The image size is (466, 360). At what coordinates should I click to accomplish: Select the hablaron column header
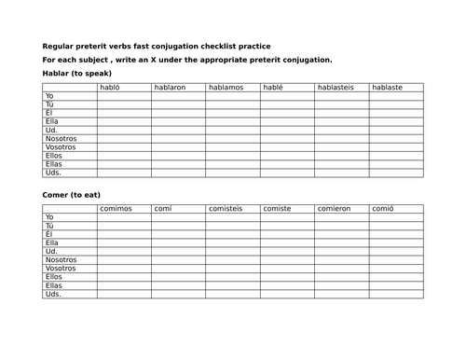(170, 88)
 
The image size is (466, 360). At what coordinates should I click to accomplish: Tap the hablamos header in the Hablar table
(226, 88)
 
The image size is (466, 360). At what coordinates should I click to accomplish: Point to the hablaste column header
(388, 88)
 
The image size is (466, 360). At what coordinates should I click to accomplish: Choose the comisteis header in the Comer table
(226, 209)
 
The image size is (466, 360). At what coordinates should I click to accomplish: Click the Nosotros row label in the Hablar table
(61, 139)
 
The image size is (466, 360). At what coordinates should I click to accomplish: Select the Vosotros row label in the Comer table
(61, 269)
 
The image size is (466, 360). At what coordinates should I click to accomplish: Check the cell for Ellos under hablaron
(178, 156)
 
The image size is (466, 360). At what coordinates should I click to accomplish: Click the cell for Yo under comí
(178, 217)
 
